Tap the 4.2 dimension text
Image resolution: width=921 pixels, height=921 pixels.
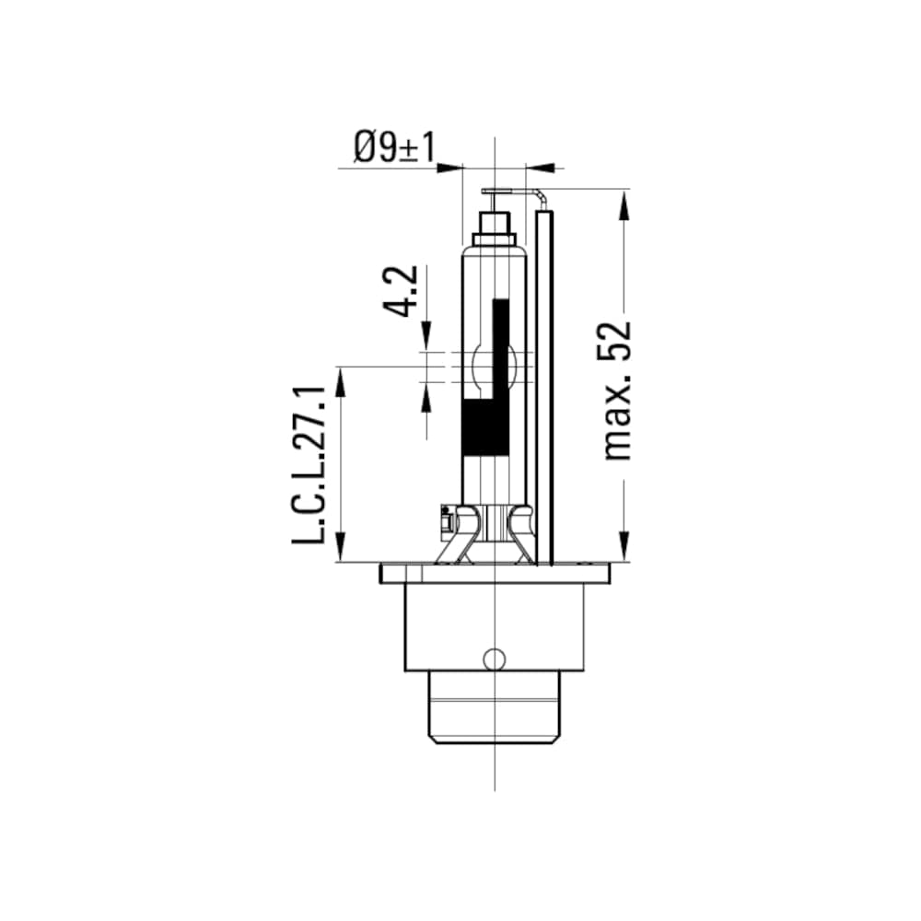404,291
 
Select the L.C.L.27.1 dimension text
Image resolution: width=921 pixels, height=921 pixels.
309,465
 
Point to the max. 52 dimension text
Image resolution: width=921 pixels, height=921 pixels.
616,391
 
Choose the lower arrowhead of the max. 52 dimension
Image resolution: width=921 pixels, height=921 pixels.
624,547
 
